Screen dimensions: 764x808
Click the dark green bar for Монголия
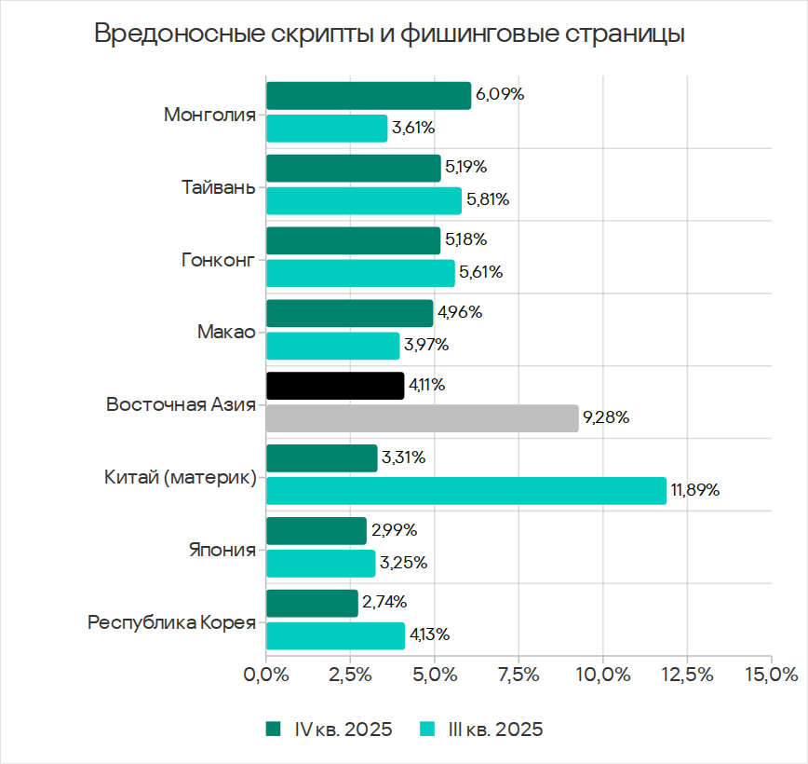click(368, 96)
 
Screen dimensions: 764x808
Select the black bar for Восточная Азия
click(335, 386)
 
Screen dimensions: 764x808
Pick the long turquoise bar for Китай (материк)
click(465, 490)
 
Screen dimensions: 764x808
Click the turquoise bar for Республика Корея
click(335, 635)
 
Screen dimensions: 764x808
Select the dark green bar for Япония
click(316, 531)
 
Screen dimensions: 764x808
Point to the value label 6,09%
click(500, 95)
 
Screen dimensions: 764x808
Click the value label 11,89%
click(695, 490)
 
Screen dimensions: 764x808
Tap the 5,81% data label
click(490, 199)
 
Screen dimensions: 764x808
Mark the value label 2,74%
click(384, 603)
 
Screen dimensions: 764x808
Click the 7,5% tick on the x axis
click(518, 674)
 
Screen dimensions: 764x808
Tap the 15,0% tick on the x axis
click(771, 674)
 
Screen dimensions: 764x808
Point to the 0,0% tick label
click(266, 674)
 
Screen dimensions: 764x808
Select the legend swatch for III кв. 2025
click(429, 730)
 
